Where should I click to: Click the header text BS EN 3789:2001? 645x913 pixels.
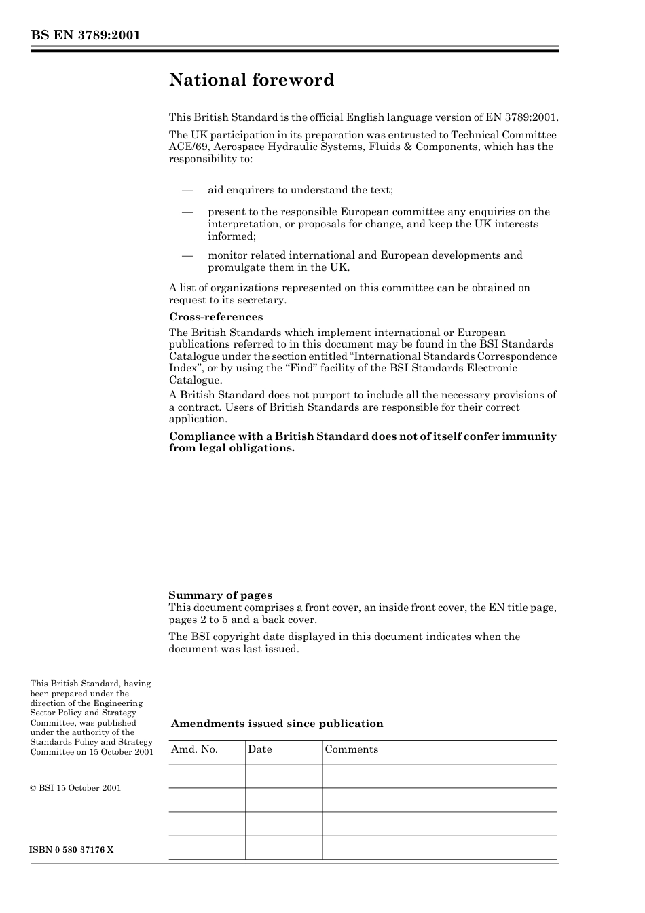coord(85,35)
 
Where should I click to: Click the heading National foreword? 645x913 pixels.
coord(251,80)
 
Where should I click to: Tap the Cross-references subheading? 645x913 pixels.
coord(215,317)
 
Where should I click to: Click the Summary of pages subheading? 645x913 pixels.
coord(220,595)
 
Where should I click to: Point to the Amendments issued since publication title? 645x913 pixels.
coord(276,724)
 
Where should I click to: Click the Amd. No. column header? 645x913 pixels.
coord(194,749)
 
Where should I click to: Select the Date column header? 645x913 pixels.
coord(259,749)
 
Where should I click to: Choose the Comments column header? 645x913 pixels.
coord(351,749)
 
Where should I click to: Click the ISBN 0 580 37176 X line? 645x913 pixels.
coord(71,850)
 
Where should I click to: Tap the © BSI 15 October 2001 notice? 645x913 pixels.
coord(75,788)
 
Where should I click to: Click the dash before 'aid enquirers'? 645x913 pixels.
coord(188,191)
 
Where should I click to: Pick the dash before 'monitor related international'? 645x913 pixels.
coord(188,256)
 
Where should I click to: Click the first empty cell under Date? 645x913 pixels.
coord(283,776)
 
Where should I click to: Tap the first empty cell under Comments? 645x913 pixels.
coord(439,776)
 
